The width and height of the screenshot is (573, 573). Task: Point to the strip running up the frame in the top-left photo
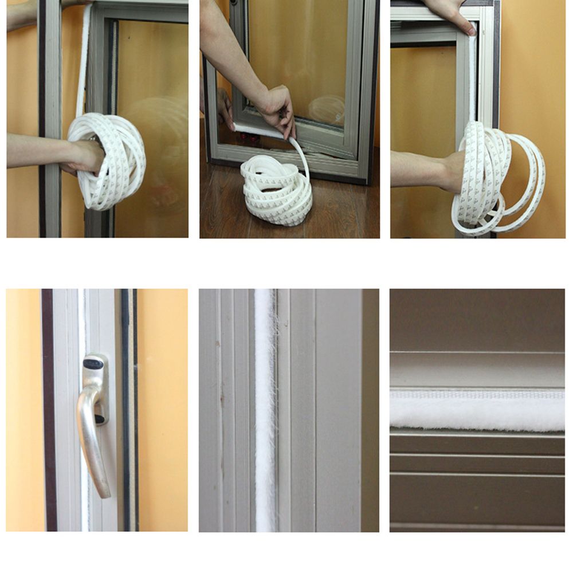[83, 63]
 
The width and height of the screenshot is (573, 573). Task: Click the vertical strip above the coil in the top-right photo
[472, 80]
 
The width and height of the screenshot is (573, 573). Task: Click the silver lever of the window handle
[92, 441]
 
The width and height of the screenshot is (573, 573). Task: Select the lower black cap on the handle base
[100, 419]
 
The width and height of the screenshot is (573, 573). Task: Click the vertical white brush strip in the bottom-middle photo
[265, 410]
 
